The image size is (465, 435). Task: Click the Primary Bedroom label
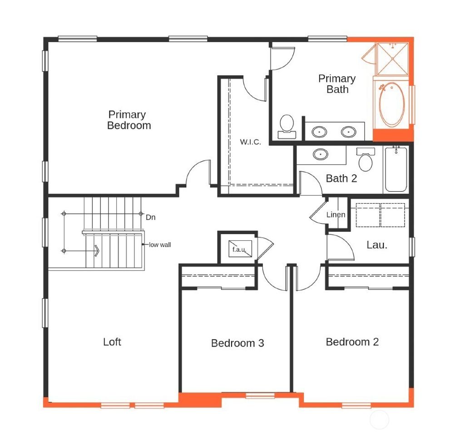coord(129,120)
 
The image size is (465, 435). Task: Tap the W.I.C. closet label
coord(250,142)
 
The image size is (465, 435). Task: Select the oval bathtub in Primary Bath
coord(391,105)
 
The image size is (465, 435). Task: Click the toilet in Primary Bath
coord(287,126)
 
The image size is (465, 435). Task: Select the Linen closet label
coord(336,215)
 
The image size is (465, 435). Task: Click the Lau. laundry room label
coord(376,245)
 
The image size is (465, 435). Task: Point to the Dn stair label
coord(150,217)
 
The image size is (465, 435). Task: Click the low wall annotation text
coord(160,244)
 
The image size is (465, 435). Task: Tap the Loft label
coord(112,342)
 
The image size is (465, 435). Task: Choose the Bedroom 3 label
coord(237,343)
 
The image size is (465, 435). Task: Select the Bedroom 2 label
coord(352,342)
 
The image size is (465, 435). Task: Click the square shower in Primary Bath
coord(392,58)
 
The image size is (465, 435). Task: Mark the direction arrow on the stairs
coord(96,250)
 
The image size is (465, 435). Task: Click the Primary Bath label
coord(336,84)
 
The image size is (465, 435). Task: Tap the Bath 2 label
coord(341,178)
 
